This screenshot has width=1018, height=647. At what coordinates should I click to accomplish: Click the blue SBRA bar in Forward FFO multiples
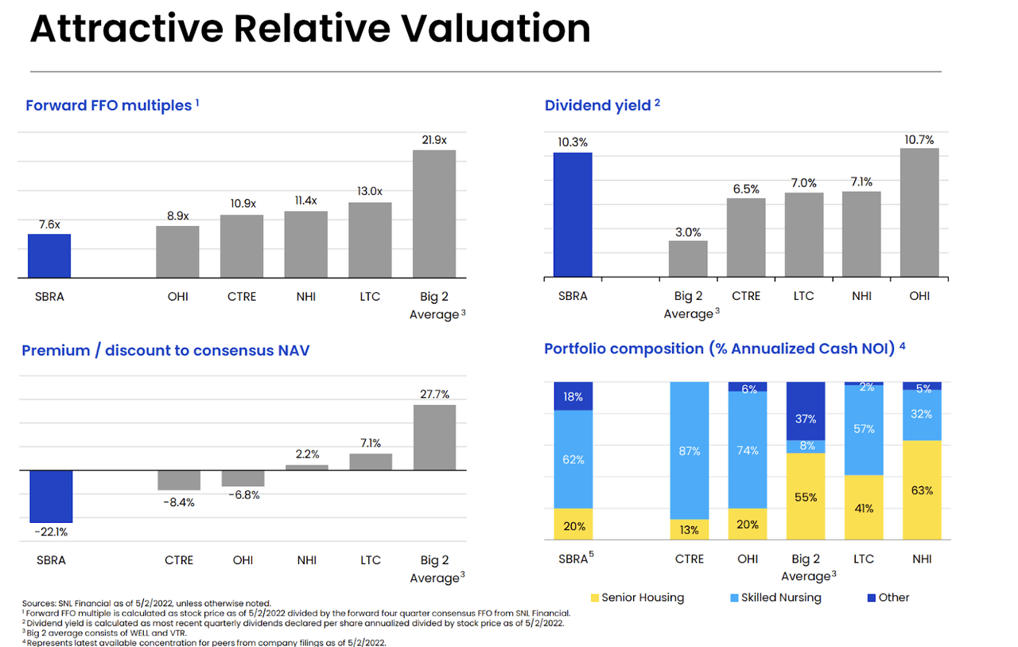coord(49,256)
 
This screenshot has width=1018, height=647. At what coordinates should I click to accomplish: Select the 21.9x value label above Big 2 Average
coord(434,140)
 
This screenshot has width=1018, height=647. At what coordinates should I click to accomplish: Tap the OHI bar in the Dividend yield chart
coord(919,212)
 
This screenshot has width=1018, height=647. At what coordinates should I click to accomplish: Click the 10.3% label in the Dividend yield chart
coord(573,142)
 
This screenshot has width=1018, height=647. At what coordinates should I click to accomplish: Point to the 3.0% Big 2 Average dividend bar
coord(688,259)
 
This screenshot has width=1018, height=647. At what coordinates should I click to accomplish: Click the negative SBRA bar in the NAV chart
coord(51,496)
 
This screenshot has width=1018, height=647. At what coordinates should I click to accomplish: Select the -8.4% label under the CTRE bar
coord(179,502)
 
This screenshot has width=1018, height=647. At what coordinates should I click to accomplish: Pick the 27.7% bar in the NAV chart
coord(434,437)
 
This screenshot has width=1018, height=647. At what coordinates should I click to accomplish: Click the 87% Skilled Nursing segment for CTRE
coord(690,450)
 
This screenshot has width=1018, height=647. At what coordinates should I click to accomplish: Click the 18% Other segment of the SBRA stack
coord(573,396)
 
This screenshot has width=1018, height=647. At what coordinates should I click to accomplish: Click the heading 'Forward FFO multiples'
coord(109,105)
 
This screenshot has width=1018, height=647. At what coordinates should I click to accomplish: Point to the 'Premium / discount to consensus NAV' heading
coord(165,350)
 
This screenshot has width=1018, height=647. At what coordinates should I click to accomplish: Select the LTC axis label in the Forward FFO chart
coord(370,297)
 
